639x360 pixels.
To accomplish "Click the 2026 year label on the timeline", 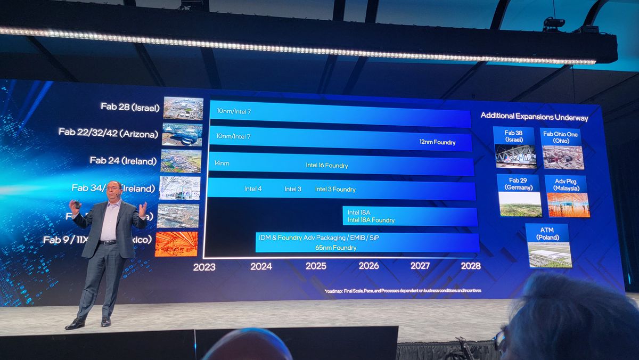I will (x=368, y=265).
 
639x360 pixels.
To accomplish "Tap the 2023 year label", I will (x=204, y=267).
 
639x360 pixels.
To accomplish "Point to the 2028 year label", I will (x=471, y=265).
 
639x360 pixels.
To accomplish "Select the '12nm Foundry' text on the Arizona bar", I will (x=437, y=142).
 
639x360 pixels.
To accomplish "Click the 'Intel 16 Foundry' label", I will (x=326, y=165).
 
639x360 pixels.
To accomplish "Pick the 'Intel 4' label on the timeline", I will (x=253, y=189).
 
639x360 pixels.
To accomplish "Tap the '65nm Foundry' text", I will (x=336, y=248).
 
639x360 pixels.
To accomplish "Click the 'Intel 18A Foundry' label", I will (x=371, y=220).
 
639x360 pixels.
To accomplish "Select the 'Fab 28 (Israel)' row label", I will (x=130, y=107).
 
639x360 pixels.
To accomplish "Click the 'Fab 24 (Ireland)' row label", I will (x=123, y=160).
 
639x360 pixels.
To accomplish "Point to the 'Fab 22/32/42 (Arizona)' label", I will (x=108, y=133).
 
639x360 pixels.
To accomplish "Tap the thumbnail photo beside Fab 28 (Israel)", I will (x=183, y=108).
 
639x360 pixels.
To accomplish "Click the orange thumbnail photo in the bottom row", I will (x=176, y=244).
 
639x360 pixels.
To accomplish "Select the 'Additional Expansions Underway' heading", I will (x=534, y=116).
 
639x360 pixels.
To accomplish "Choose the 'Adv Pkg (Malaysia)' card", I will (x=566, y=196).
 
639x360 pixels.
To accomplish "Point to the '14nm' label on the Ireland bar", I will (x=222, y=163).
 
